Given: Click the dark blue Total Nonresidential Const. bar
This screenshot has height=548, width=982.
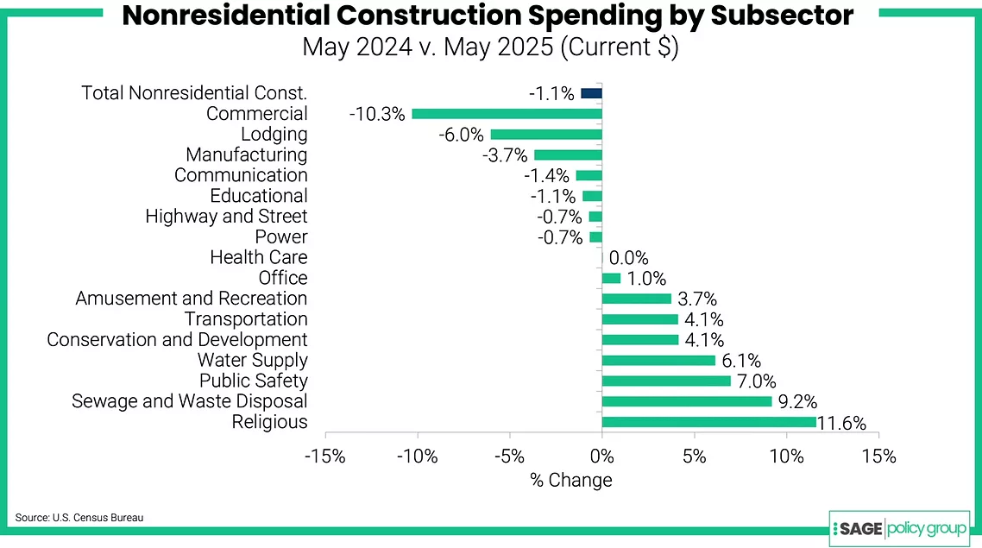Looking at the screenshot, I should (591, 93).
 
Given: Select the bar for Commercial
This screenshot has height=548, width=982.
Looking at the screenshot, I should (507, 114).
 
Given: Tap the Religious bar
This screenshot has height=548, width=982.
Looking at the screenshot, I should (708, 422).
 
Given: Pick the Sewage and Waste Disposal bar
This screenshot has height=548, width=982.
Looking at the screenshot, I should (687, 401).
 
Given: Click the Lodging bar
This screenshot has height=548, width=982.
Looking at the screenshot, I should (545, 135).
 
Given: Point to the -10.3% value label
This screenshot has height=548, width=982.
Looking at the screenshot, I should (377, 114).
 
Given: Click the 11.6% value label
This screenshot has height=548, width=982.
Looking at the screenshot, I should (843, 423).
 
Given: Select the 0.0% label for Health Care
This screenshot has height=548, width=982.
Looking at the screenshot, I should (629, 258).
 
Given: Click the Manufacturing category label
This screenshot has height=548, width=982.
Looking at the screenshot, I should (246, 155).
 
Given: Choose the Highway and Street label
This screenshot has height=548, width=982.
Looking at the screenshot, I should (226, 217).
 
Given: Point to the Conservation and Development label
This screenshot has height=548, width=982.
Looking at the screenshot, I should (177, 340).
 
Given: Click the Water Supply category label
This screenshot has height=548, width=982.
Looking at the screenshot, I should (252, 361).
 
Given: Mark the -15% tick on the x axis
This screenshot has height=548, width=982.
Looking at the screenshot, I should (325, 457).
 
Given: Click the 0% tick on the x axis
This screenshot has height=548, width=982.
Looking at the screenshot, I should (601, 457).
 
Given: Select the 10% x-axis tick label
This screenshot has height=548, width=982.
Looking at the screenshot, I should (786, 457).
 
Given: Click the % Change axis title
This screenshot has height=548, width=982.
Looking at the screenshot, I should (570, 481).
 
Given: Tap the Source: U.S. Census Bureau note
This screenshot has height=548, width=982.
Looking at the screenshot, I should (79, 518).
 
